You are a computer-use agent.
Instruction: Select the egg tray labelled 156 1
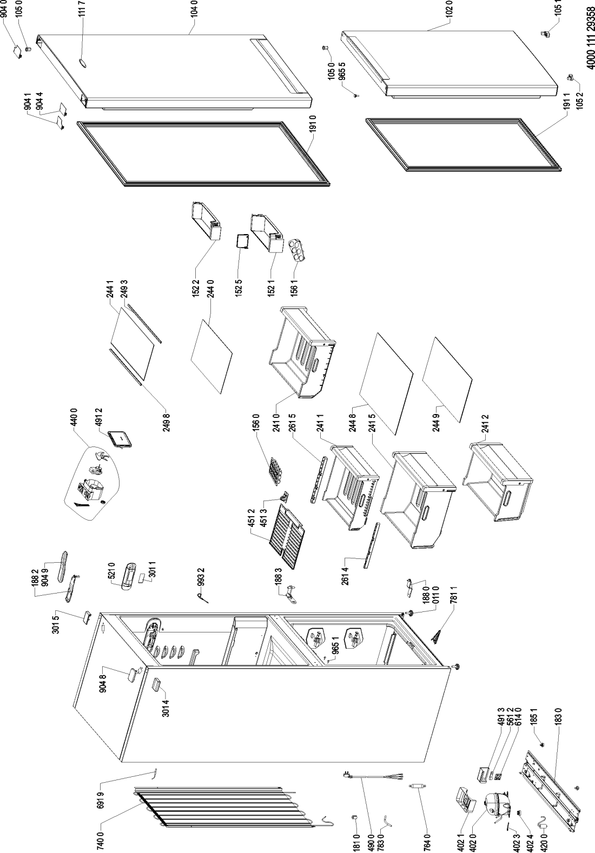(x=294, y=249)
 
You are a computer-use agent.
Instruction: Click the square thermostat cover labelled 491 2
(x=120, y=438)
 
